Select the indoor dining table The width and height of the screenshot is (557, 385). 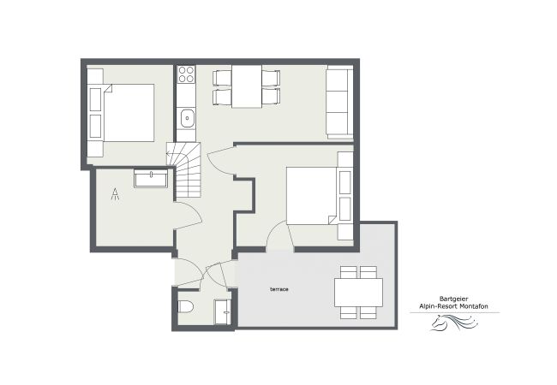tap(247, 86)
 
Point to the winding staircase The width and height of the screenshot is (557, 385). tap(187, 171)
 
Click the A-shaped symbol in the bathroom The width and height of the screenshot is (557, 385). tap(115, 194)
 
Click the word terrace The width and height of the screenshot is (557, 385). tap(278, 289)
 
